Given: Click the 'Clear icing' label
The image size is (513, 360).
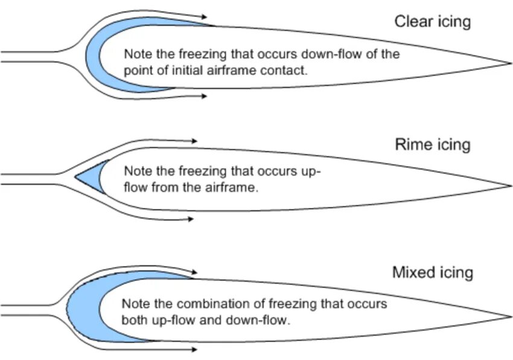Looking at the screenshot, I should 432,22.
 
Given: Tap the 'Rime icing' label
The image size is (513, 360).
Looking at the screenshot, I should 432,145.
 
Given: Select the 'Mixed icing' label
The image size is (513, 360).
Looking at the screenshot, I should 432,272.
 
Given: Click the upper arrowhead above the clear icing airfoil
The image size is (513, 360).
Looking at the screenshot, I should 206,16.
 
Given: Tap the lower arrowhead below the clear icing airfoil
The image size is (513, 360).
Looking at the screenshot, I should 205,95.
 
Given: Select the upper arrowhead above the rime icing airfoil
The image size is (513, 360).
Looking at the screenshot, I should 194,141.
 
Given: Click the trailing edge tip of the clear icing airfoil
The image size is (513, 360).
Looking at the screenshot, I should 511,62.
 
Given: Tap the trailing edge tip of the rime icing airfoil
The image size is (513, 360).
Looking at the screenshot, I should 511,185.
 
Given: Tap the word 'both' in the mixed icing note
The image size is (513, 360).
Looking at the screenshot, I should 133,320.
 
